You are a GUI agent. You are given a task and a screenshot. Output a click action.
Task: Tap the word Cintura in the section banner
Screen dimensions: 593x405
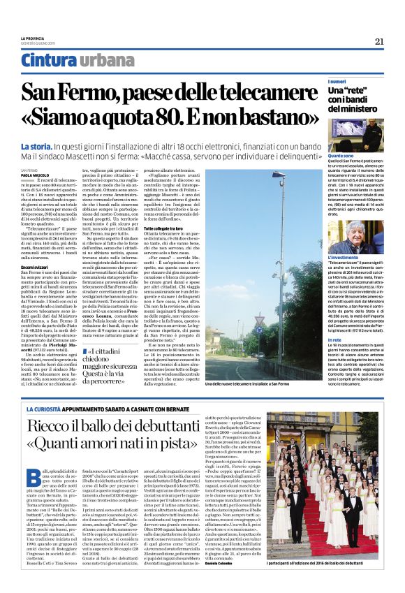pyautogui.click(x=49, y=61)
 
